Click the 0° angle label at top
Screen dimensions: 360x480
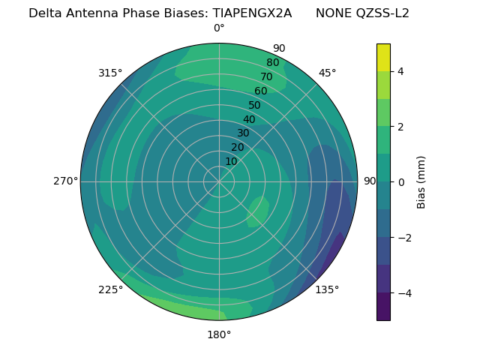pyautogui.click(x=219, y=28)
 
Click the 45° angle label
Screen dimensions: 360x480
pyautogui.click(x=327, y=73)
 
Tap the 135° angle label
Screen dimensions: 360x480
pyautogui.click(x=327, y=289)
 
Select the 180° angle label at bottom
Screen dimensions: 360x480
pyautogui.click(x=219, y=334)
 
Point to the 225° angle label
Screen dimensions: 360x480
pyautogui.click(x=110, y=290)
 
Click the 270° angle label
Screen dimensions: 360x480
pyautogui.click(x=66, y=181)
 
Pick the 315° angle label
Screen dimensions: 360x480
pyautogui.click(x=110, y=73)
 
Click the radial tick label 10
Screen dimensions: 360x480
pyautogui.click(x=231, y=161)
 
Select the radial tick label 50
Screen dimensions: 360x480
pyautogui.click(x=254, y=106)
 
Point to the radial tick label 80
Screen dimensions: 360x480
pyautogui.click(x=272, y=63)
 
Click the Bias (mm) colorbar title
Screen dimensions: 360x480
pyautogui.click(x=421, y=182)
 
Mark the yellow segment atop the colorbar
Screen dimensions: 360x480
pyautogui.click(x=383, y=57)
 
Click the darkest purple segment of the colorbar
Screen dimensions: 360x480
pyautogui.click(x=383, y=307)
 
